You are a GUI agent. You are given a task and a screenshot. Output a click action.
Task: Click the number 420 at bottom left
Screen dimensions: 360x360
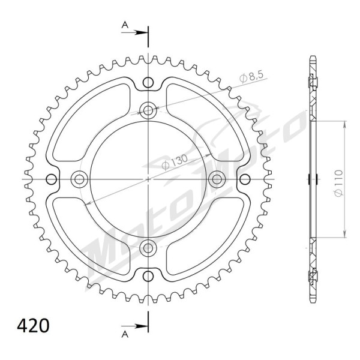point(33,326)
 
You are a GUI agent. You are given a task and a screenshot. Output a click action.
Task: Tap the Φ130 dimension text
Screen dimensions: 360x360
point(175,162)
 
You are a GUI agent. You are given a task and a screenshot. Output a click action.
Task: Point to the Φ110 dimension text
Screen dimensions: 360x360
point(339,183)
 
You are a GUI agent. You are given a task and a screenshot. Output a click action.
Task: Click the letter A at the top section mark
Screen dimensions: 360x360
point(125,25)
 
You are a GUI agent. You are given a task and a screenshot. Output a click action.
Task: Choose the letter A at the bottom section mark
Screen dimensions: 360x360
point(125,335)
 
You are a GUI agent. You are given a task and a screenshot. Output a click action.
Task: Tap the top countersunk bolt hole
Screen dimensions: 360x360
point(148,110)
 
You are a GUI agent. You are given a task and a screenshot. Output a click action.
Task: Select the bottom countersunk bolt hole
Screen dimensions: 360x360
point(148,248)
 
